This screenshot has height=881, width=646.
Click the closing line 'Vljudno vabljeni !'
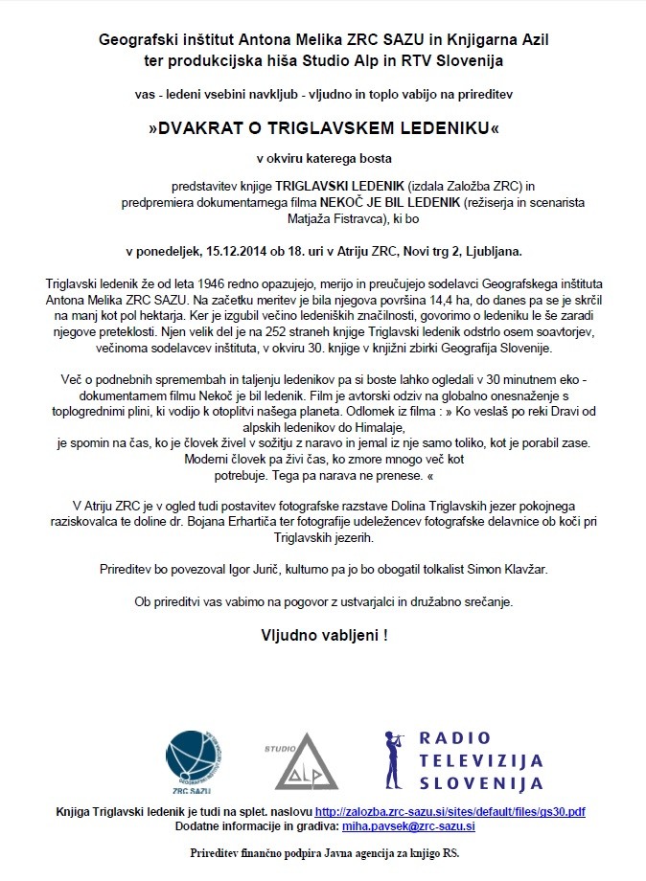(324, 635)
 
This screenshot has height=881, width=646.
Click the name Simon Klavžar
(501, 569)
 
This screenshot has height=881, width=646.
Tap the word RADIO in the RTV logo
(455, 737)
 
